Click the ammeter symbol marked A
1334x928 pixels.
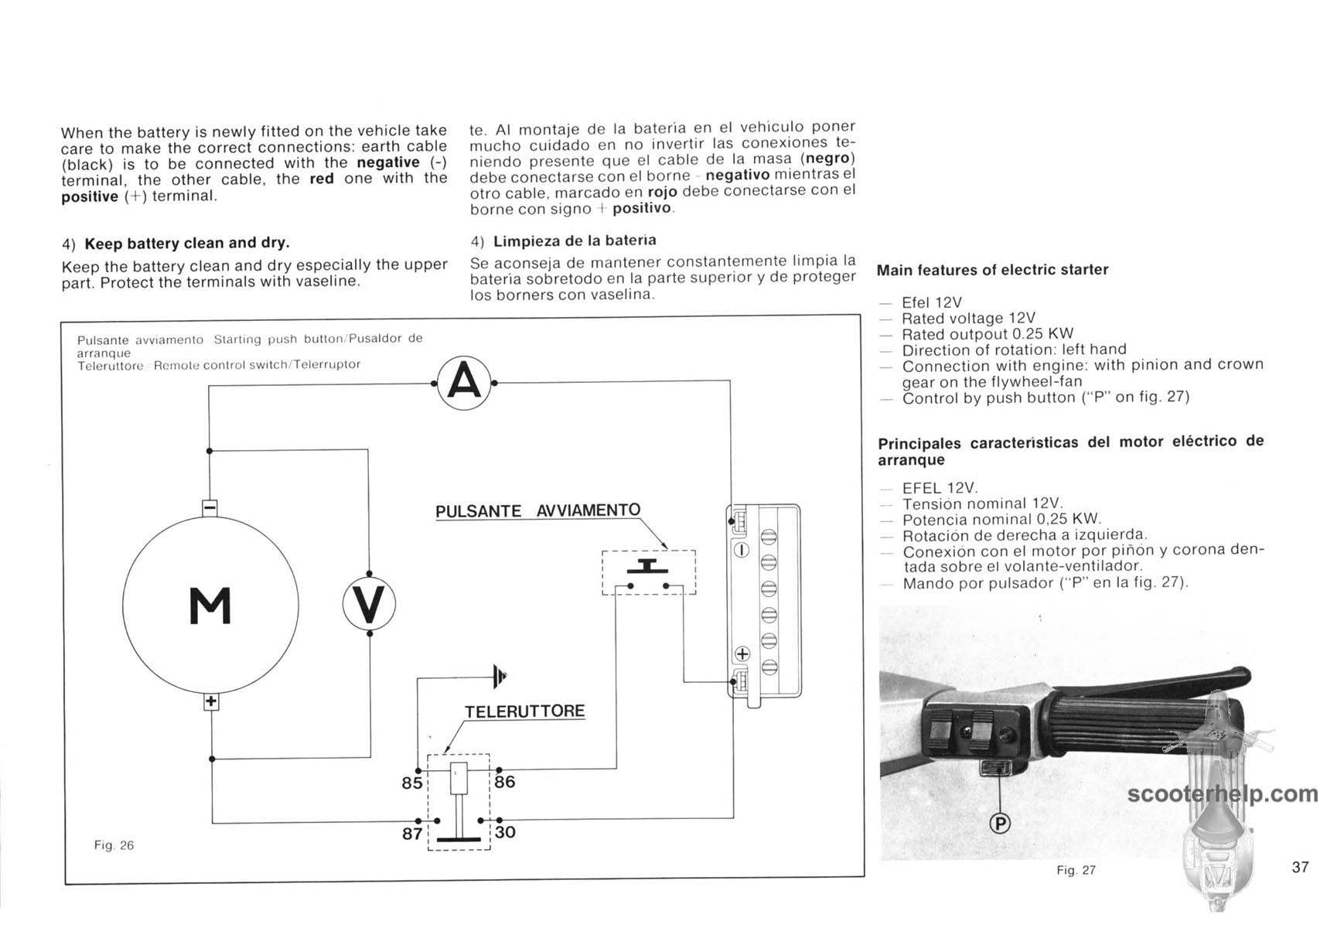[464, 383]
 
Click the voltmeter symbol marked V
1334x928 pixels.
[369, 604]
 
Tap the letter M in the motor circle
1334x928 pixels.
[210, 606]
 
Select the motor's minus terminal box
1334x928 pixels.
[210, 507]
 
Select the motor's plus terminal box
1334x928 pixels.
[211, 702]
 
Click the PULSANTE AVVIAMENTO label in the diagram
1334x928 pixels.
[537, 511]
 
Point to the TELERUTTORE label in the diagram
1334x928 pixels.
[524, 711]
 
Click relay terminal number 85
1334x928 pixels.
[411, 783]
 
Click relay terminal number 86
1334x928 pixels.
[505, 781]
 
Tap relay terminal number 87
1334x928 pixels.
[412, 834]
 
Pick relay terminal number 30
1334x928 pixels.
[505, 832]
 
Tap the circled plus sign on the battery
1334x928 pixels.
[742, 654]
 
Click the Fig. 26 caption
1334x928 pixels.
[114, 845]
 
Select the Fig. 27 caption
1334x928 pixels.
[1076, 870]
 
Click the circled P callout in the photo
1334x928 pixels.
[1001, 824]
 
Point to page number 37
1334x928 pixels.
[1300, 867]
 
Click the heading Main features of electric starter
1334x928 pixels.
[992, 270]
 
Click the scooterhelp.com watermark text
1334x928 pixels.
[1223, 794]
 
